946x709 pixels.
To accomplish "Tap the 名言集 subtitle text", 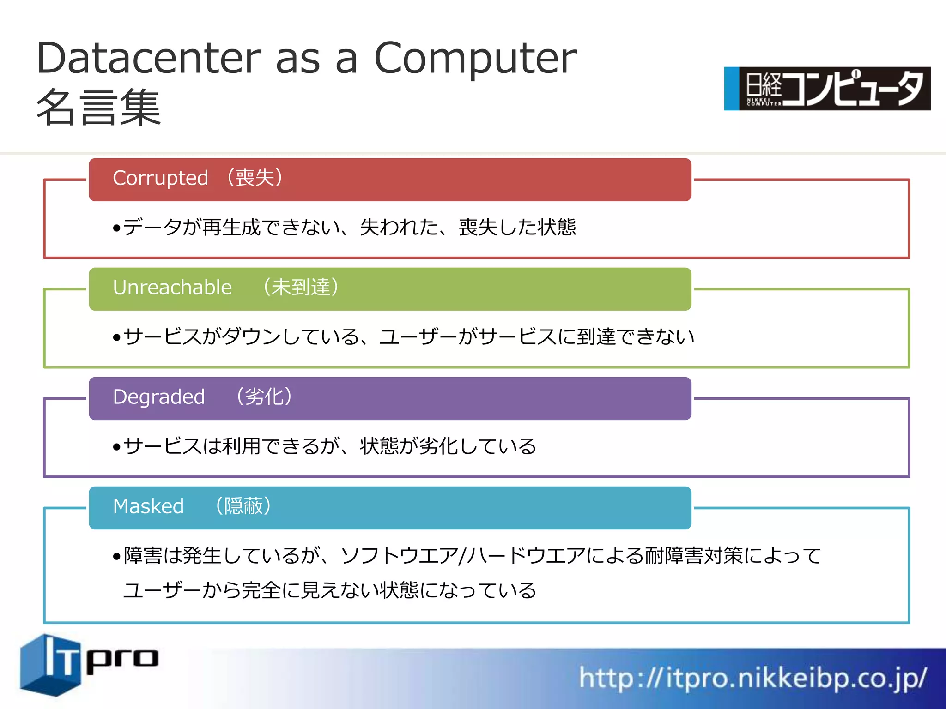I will click(x=98, y=108).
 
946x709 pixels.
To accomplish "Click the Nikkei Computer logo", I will click(x=827, y=89).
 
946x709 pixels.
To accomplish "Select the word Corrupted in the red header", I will click(x=160, y=178).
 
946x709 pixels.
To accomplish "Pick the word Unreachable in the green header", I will click(x=172, y=288).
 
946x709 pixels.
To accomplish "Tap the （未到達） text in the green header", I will click(x=301, y=287).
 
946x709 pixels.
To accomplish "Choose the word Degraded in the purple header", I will click(x=158, y=397).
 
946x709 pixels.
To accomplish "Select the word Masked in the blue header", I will click(x=148, y=506).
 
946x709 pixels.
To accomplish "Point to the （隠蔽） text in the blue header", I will click(x=243, y=506).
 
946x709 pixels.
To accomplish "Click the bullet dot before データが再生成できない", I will click(x=116, y=228).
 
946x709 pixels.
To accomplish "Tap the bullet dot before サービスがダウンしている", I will click(x=116, y=338).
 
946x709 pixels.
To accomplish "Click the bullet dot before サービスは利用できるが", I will click(x=116, y=447).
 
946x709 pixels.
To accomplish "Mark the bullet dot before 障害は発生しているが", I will click(x=116, y=557).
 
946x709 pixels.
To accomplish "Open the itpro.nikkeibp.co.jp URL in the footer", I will click(x=753, y=678).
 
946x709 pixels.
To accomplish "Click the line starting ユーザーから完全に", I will click(x=329, y=590).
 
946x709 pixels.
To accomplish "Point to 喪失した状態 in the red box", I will click(x=517, y=228).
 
